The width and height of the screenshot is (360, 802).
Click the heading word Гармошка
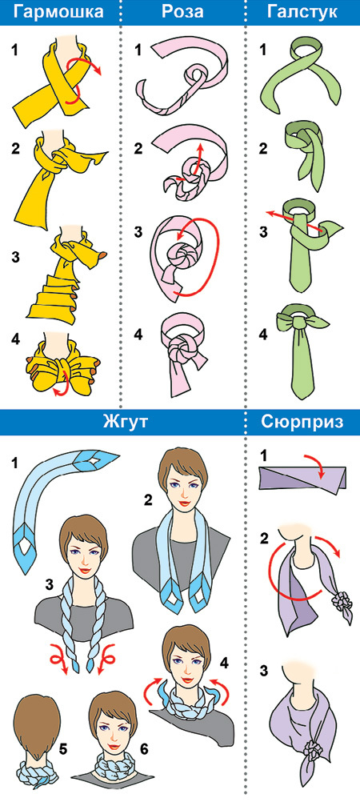point(59,12)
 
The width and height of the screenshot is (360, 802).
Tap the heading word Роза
point(182,12)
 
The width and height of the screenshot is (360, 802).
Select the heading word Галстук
point(302,12)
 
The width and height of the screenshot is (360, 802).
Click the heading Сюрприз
point(302,423)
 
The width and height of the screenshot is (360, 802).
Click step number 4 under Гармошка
point(15,339)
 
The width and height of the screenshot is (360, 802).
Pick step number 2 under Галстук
point(263,150)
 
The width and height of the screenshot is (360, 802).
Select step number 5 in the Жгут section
point(63,749)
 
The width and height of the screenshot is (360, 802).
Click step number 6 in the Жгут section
point(144,749)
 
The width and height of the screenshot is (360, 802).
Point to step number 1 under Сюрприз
point(263,454)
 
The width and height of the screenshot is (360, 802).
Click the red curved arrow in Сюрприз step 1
point(314,462)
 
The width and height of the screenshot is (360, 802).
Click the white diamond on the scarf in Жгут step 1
point(92,461)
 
